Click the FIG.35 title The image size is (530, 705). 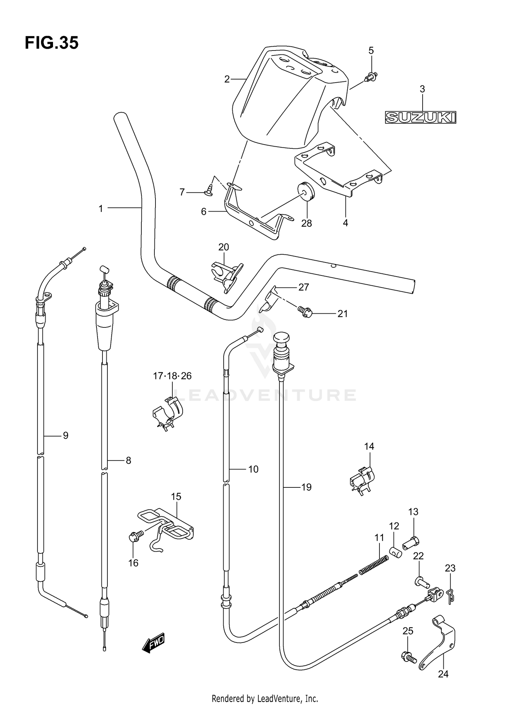pos(52,43)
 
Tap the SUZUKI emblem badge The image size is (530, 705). pos(420,117)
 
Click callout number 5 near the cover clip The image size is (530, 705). pos(371,51)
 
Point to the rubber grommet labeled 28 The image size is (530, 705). pos(306,191)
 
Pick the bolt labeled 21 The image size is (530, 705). pos(305,311)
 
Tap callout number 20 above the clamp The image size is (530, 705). pos(224,247)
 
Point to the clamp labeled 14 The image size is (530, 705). pos(362,480)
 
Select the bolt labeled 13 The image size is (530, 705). pos(411,542)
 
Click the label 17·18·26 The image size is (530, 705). pos(172,376)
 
